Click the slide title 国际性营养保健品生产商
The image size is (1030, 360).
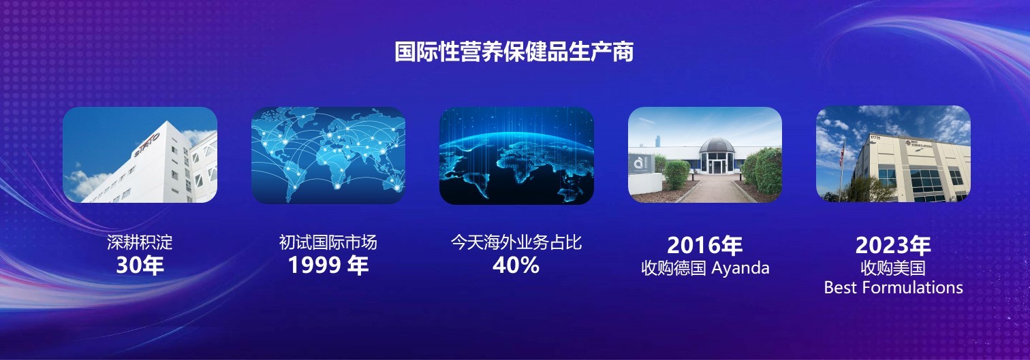coord(514,51)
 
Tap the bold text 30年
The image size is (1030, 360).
coord(140,265)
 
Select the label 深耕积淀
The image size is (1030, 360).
coord(140,242)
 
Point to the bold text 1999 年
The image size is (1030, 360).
coord(328,265)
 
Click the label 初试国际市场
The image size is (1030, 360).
coord(328,242)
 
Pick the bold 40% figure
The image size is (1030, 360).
coord(516,265)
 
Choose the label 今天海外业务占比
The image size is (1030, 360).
coord(516,242)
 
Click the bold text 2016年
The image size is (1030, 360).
coord(704,245)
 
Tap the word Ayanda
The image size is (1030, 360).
coord(740,268)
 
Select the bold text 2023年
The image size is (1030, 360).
coord(893,245)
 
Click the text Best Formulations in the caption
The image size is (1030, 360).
coord(894,287)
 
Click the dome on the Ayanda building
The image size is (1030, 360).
coord(717,146)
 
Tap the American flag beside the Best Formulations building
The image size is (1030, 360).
coord(842,154)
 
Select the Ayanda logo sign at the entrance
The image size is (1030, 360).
coord(640,164)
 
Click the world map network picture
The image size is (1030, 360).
coord(328,155)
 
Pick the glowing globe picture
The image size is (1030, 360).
coord(516,155)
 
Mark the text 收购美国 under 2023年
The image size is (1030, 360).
coord(893,268)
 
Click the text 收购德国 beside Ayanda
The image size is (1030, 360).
coord(674,268)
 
